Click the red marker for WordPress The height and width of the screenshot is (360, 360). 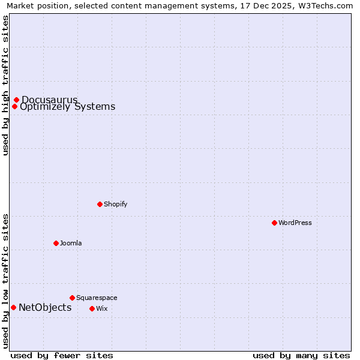coord(274,223)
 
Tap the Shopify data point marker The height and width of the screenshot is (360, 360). coord(100,204)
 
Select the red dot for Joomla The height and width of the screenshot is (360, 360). coord(56,243)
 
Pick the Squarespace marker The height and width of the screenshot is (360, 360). coord(72,298)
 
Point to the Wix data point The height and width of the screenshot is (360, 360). coord(92,308)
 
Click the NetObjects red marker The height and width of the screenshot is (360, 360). coord(13,308)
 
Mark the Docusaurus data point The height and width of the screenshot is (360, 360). coord(16,100)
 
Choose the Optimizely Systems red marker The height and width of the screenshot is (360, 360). coord(14,107)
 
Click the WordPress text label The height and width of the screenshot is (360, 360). coord(295,223)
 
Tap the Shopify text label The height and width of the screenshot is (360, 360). coord(115,204)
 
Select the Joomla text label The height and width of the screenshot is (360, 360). coord(70,243)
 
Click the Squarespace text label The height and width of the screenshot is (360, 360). coord(97,298)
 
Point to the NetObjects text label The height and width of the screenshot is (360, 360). coord(45,308)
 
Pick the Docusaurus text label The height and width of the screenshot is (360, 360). coord(49,100)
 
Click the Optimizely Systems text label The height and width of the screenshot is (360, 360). coord(67,107)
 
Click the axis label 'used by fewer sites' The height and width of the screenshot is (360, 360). coord(62,355)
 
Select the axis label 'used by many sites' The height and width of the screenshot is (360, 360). coord(301,355)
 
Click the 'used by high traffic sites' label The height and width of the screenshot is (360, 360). coord(5,85)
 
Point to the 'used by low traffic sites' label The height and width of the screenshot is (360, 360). coord(5,280)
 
